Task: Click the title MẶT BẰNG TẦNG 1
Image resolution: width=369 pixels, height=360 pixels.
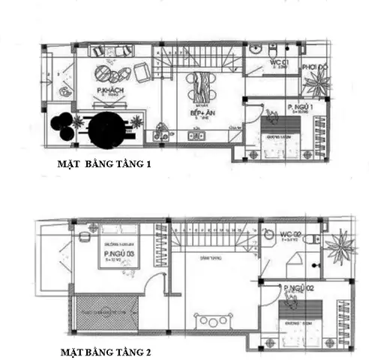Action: coord(104,165)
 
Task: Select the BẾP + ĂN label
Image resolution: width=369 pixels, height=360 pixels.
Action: coord(200,115)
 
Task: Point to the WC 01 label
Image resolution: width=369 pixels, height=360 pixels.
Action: coord(280,61)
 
